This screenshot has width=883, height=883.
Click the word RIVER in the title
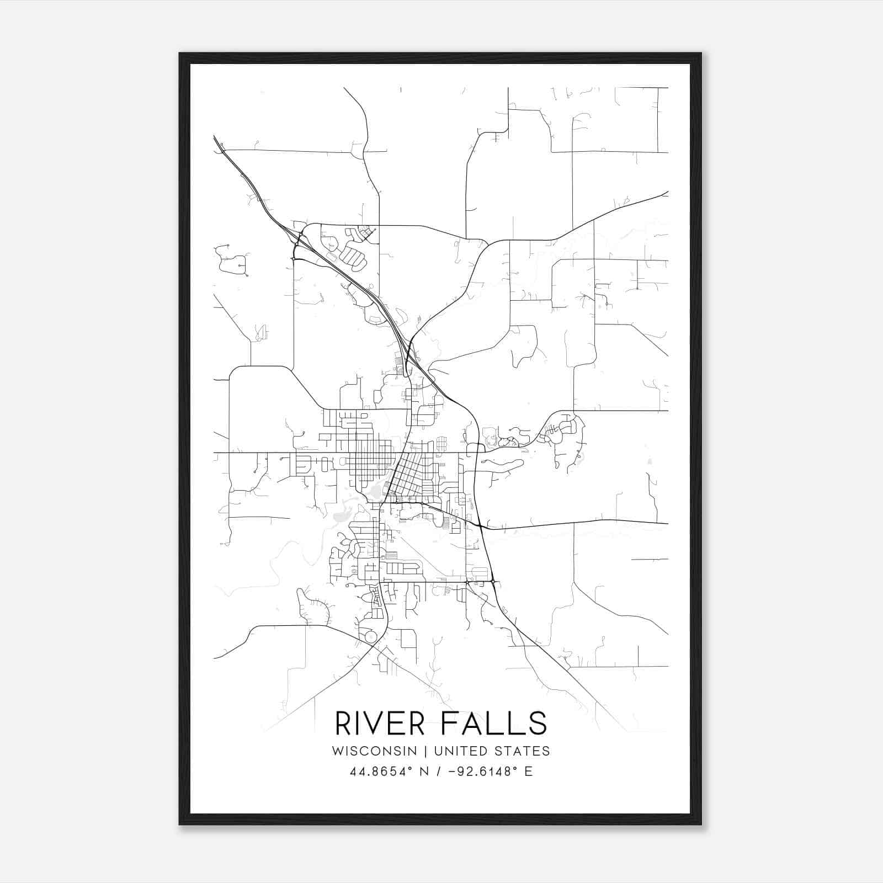[x=380, y=724]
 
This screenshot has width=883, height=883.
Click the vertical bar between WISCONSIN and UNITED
[x=425, y=751]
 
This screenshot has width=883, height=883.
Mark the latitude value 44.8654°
[x=381, y=772]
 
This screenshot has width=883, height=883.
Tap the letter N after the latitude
[x=424, y=772]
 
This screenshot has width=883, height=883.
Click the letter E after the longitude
[x=529, y=772]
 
